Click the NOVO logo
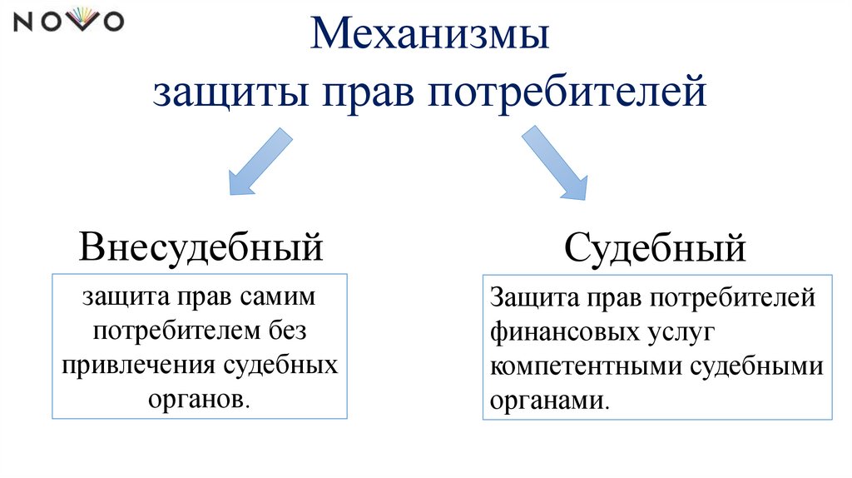(x=69, y=22)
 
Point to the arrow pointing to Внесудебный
(x=259, y=161)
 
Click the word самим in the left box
(x=279, y=298)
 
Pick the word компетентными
(x=586, y=366)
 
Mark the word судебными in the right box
(x=757, y=366)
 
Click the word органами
(x=549, y=401)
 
